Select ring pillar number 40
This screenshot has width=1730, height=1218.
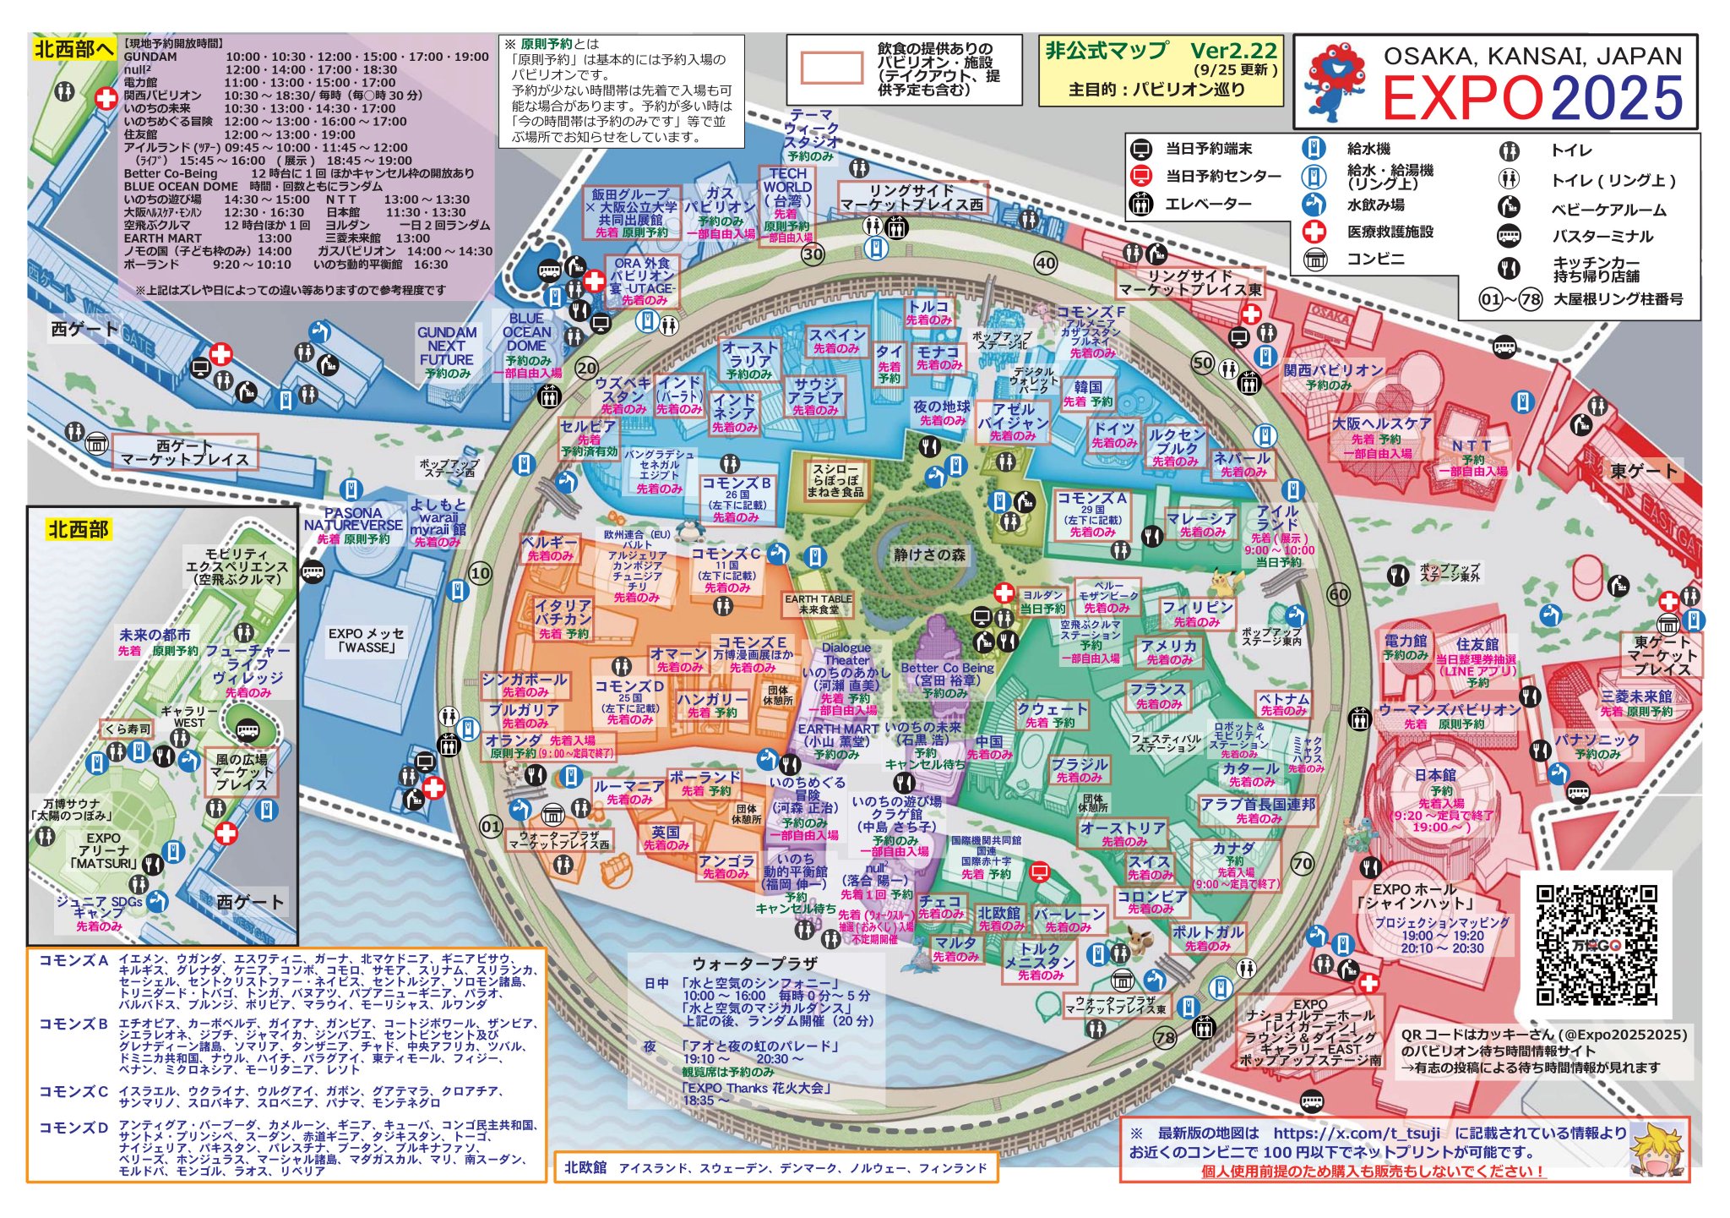(x=1046, y=263)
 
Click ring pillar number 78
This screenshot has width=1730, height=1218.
(x=1165, y=1038)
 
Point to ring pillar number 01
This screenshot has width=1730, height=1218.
(x=491, y=826)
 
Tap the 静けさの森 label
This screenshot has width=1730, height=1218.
(x=929, y=554)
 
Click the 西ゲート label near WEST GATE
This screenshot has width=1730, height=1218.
(x=84, y=329)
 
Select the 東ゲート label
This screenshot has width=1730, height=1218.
(x=1643, y=471)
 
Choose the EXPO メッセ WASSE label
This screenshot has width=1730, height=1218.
(x=366, y=640)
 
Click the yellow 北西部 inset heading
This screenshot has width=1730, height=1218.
(x=78, y=530)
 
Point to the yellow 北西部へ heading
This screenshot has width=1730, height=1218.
(x=74, y=49)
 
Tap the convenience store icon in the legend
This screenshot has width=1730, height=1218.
(x=1314, y=259)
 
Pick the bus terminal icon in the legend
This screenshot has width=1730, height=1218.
(x=1509, y=236)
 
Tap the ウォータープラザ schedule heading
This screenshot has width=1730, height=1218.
(x=754, y=963)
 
